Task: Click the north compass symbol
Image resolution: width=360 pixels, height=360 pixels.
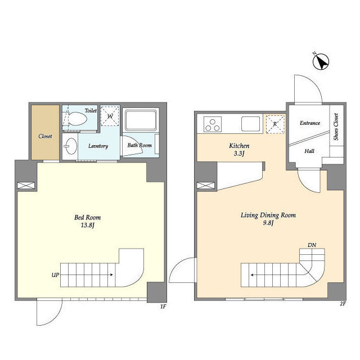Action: (321, 61)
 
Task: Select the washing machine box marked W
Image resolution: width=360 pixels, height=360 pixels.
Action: (110, 116)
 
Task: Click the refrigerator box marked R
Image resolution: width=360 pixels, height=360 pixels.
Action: (275, 124)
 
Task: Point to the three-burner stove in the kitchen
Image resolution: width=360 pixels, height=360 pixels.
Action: (213, 124)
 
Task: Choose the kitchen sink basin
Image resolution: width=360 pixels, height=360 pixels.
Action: (250, 124)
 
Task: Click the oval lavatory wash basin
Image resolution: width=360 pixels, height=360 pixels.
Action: (71, 146)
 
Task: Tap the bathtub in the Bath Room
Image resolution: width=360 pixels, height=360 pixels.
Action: (141, 120)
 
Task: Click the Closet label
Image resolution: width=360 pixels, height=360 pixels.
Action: (45, 136)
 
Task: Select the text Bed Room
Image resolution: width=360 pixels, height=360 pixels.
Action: (88, 217)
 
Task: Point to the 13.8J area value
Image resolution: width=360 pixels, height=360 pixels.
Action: (88, 225)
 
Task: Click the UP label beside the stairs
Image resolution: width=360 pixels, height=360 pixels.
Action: (55, 275)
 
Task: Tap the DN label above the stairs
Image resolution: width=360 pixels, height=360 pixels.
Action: (312, 245)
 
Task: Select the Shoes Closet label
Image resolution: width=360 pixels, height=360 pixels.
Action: (336, 127)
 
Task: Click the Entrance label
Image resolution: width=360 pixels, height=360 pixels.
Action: (310, 123)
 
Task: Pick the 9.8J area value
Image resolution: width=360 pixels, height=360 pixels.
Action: (268, 223)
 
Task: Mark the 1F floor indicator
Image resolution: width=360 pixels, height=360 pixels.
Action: (163, 307)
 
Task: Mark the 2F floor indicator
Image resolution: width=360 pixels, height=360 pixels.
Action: (343, 304)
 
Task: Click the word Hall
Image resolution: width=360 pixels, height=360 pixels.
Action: (309, 151)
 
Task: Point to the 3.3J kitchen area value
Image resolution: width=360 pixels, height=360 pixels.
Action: (239, 154)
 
